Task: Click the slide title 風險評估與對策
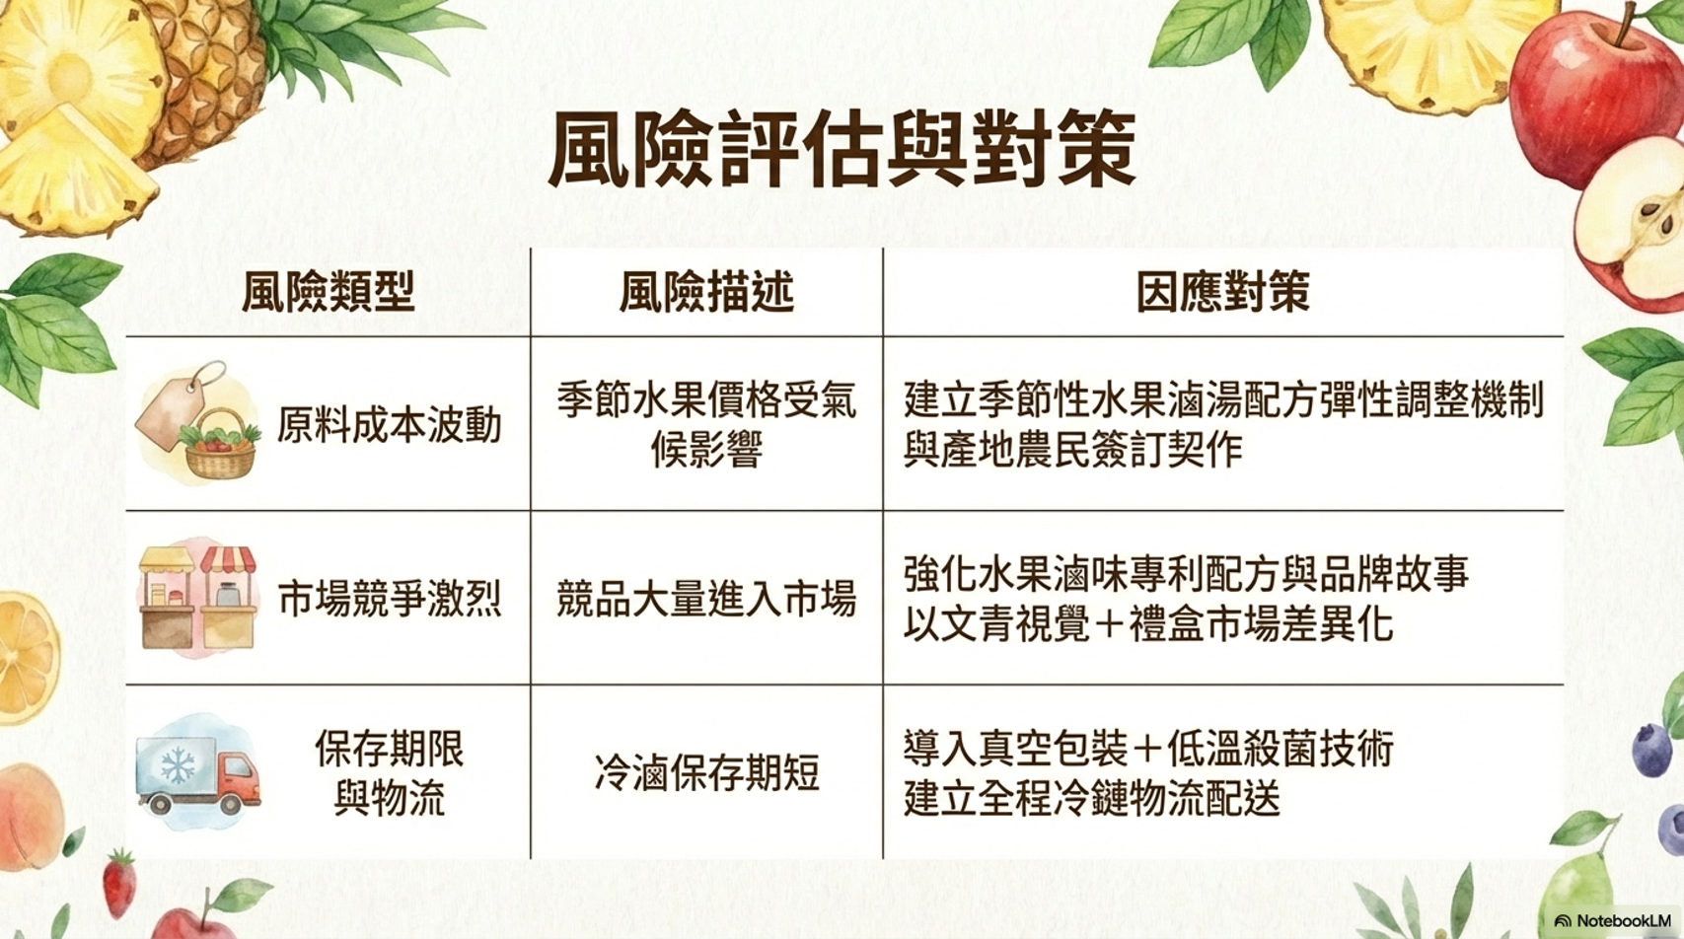coord(842,148)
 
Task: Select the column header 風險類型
coord(329,291)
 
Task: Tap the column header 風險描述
coord(706,291)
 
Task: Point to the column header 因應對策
coord(1223,291)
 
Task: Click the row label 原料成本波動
coord(389,425)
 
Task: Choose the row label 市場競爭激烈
coord(389,599)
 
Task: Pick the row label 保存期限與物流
coord(389,772)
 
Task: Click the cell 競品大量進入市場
coord(706,599)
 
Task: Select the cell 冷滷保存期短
coord(706,772)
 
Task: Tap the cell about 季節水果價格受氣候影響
coord(706,425)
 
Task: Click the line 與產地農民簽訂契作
coord(1072,450)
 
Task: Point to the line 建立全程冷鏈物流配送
coord(1092,798)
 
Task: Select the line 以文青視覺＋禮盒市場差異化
coord(1148,624)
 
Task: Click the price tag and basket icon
coord(198,422)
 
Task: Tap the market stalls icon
coord(198,598)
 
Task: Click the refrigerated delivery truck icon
coord(198,774)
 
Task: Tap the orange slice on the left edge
coord(27,659)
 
